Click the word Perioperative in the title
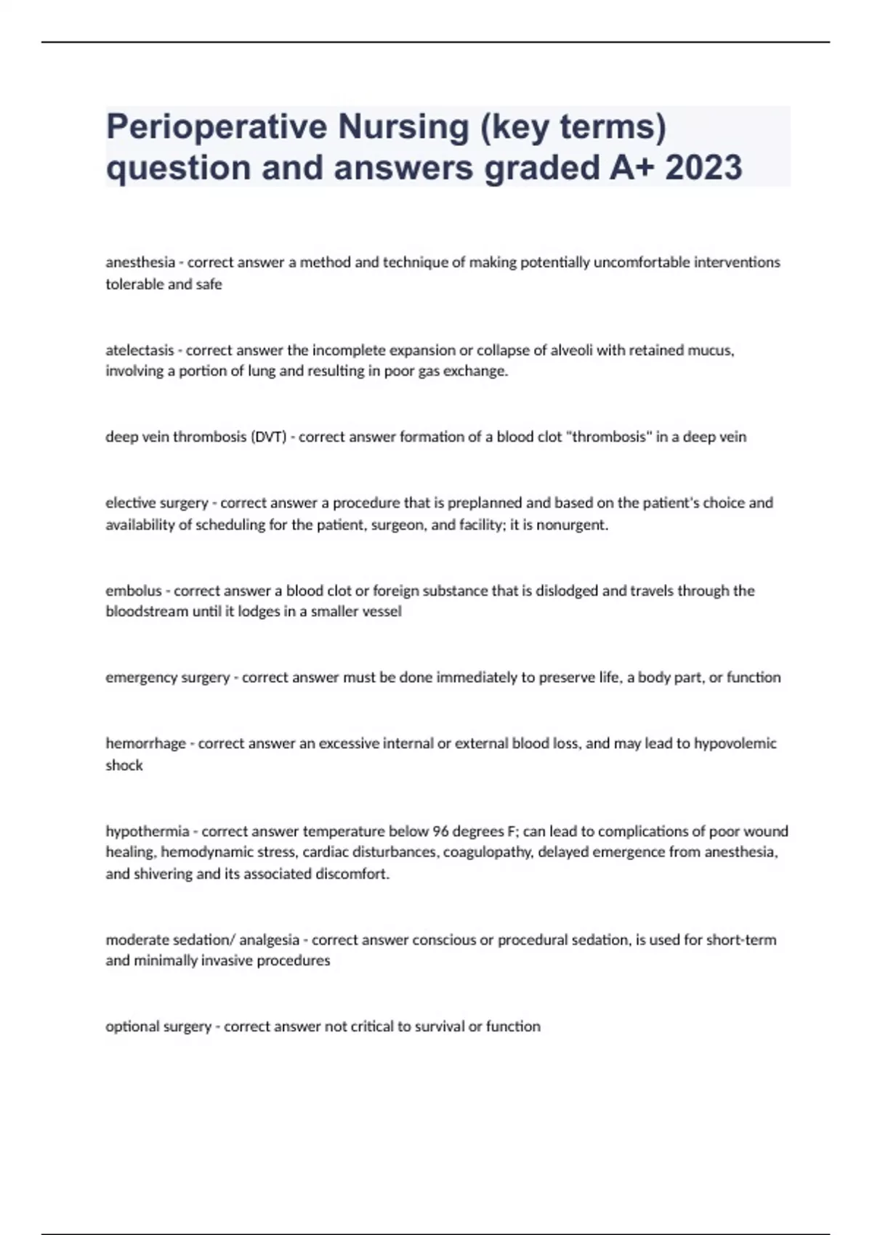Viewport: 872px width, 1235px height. coord(216,127)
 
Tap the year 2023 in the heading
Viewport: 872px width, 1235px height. coord(703,168)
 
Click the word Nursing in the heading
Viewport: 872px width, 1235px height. coord(403,127)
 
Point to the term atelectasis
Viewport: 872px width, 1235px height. coord(140,350)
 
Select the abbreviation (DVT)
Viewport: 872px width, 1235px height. coord(268,437)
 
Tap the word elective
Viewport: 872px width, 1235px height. coord(129,503)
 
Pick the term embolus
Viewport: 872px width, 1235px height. coord(134,591)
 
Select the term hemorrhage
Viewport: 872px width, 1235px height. coord(145,744)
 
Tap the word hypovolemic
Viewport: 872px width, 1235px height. coord(735,744)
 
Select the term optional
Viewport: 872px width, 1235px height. coord(132,1027)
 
